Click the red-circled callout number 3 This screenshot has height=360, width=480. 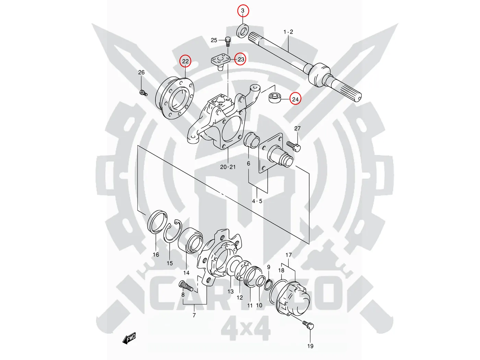(243, 11)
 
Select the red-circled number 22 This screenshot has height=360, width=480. (185, 61)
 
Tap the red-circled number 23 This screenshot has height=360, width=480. (241, 59)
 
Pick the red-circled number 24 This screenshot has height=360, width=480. (295, 99)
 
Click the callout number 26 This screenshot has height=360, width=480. (141, 72)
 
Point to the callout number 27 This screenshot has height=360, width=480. (297, 129)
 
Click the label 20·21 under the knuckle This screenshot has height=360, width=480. (228, 167)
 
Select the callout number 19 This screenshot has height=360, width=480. (310, 346)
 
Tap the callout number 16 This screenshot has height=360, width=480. (156, 254)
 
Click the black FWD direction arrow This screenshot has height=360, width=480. (129, 338)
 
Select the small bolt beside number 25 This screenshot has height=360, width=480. (227, 41)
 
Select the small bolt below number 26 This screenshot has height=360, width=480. (143, 92)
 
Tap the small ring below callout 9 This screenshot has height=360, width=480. (269, 284)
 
